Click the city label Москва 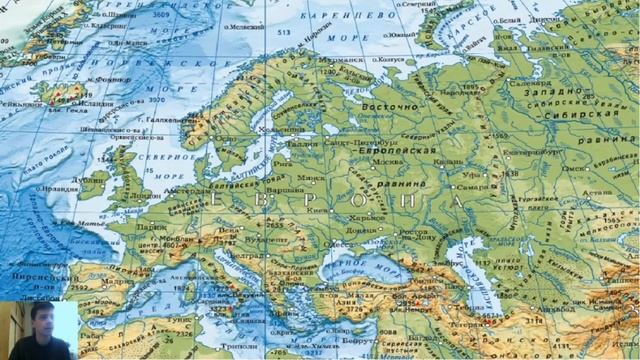tap(385, 163)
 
